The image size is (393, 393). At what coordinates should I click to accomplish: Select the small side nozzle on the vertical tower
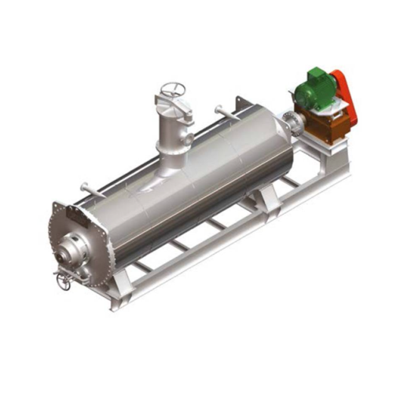[x=189, y=140]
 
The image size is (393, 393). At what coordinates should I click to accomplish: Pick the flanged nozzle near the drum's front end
[x=85, y=188]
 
